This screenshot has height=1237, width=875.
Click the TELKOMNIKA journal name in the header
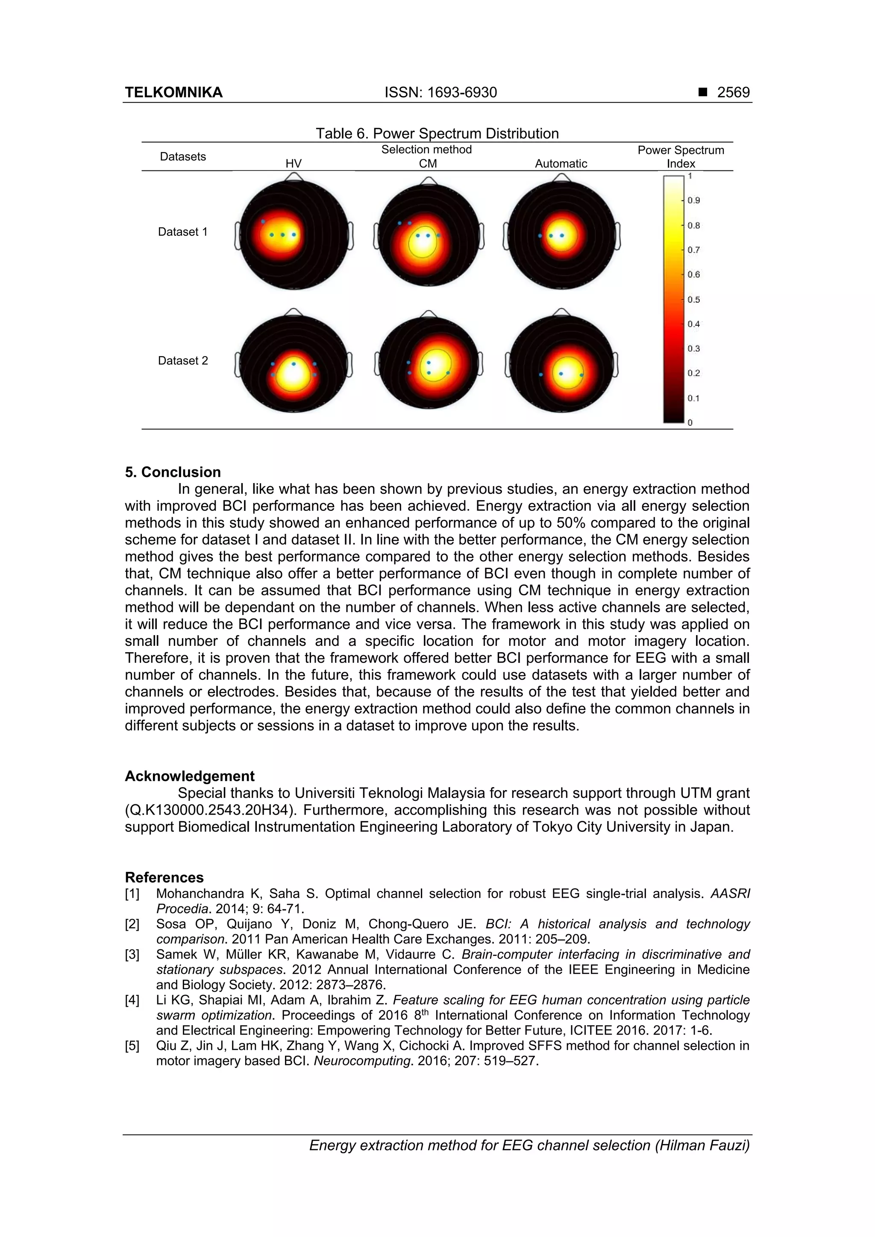coord(173,93)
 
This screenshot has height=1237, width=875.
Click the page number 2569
coord(733,93)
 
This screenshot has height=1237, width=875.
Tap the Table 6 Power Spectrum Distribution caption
coord(437,134)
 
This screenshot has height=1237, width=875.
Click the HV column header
coord(294,164)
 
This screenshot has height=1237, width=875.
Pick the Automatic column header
coord(561,164)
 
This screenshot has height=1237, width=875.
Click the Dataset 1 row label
coord(183,232)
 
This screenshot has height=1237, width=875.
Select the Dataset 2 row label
coord(183,361)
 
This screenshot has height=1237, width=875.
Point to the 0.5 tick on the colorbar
coord(693,299)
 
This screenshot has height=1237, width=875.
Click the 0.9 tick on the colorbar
coord(693,200)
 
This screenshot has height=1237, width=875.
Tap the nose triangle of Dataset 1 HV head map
coord(294,177)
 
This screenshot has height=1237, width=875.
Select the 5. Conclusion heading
coord(173,472)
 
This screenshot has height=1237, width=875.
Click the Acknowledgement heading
coord(190,776)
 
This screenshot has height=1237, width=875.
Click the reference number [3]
coord(132,955)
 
